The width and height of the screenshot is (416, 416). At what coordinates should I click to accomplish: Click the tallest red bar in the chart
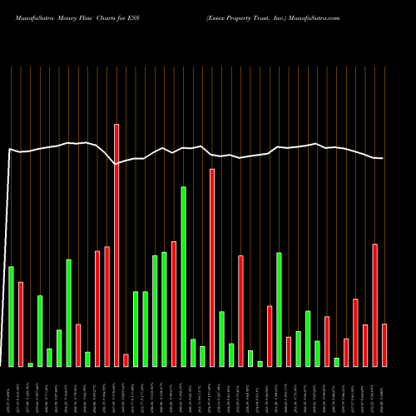[116, 245]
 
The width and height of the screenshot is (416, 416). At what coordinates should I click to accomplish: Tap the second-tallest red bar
[212, 267]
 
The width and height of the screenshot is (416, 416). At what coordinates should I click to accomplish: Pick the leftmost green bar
[12, 316]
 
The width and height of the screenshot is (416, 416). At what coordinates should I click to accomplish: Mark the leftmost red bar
[21, 324]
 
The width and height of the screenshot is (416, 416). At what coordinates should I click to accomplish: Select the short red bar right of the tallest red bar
[126, 360]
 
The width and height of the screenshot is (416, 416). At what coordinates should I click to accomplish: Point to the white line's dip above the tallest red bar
[116, 165]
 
